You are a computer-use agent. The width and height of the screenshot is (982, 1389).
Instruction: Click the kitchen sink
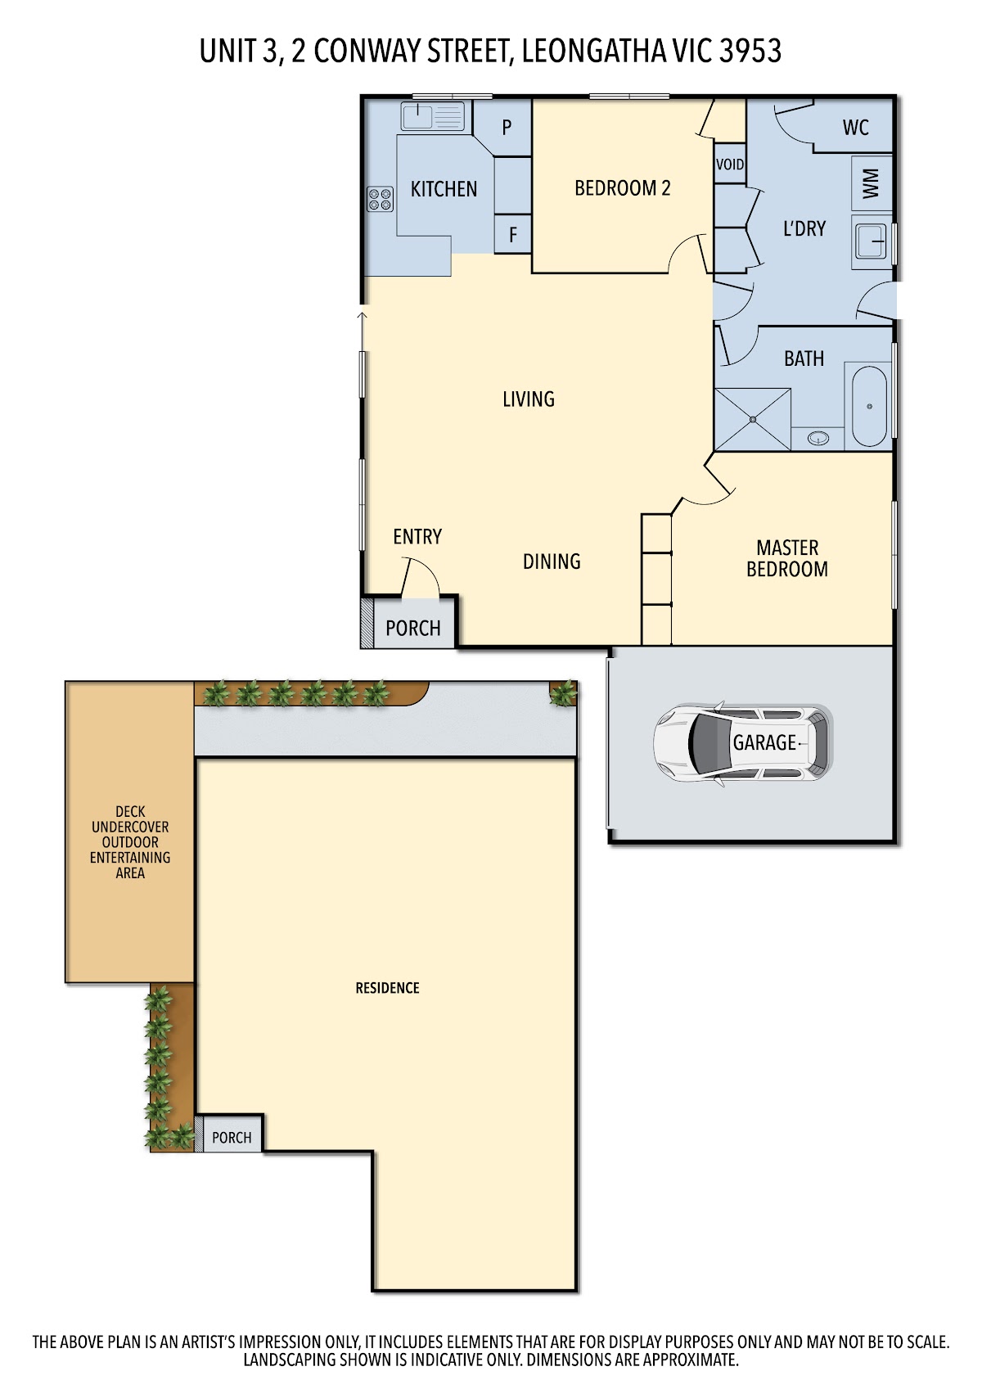(x=432, y=116)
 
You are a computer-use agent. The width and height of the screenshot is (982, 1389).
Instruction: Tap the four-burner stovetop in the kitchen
(x=380, y=199)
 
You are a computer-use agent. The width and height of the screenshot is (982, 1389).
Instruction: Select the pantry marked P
(x=507, y=127)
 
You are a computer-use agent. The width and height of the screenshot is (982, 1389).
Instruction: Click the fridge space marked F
(x=513, y=234)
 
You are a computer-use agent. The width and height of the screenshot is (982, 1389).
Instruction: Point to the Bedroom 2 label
(x=623, y=188)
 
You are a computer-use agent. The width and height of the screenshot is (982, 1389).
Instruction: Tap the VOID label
(x=730, y=165)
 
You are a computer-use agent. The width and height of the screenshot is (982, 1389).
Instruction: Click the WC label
(x=855, y=128)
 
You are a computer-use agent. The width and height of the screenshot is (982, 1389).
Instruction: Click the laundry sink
(x=872, y=241)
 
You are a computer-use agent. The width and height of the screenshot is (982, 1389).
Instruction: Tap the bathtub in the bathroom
(x=869, y=406)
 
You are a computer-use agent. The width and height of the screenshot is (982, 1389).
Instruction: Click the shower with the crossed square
(x=753, y=419)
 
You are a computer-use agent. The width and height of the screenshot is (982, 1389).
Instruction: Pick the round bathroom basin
(x=818, y=439)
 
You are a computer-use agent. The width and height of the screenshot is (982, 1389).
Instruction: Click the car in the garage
(x=743, y=743)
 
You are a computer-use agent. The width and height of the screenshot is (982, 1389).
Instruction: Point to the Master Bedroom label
(x=787, y=558)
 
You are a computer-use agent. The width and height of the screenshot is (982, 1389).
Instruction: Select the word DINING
(x=552, y=561)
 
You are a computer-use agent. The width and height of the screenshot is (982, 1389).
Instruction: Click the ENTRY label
(x=417, y=536)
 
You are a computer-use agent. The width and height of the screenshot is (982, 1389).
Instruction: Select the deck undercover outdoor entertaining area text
(x=129, y=842)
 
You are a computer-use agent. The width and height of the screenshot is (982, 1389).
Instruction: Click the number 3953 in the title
(x=750, y=51)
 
